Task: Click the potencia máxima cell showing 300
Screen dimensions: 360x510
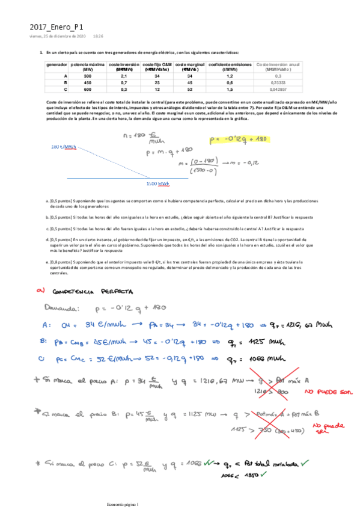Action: point(88,76)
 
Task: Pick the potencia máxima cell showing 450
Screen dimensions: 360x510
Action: point(88,82)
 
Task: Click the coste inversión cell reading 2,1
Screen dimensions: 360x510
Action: point(124,76)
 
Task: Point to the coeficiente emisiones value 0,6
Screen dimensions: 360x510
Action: point(230,82)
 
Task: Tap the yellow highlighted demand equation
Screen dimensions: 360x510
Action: point(239,140)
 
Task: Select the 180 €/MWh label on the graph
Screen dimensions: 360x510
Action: point(64,147)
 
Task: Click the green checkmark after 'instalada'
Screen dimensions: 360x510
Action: point(306,463)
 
